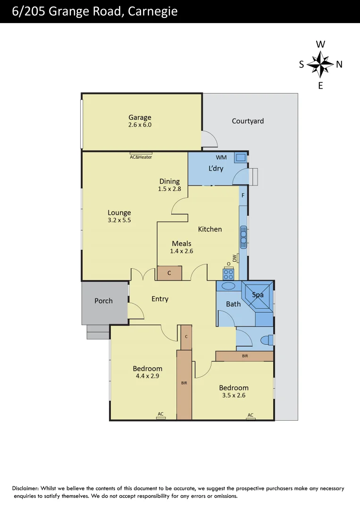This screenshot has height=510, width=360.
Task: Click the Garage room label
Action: click(140, 118)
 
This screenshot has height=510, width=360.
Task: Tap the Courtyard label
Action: click(248, 121)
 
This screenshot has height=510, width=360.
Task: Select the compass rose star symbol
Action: click(320, 64)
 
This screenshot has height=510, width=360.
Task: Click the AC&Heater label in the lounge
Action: click(141, 157)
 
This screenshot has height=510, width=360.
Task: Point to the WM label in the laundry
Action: click(221, 157)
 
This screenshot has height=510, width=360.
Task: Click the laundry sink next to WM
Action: click(240, 158)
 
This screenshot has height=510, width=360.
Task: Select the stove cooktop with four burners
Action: click(228, 274)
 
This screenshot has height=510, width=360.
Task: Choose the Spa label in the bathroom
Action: click(258, 295)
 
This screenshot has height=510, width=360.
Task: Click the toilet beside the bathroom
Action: click(267, 340)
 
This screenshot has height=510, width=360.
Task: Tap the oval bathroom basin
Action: click(228, 286)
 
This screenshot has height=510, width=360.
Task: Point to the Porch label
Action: click(103, 300)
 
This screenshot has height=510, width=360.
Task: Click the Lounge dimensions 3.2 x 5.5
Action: click(119, 220)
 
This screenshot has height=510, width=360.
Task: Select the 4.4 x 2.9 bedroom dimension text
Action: click(147, 376)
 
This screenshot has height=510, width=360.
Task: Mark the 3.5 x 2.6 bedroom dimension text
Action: click(234, 395)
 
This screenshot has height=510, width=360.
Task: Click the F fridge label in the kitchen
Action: click(243, 195)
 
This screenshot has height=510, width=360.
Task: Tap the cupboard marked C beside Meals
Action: click(169, 273)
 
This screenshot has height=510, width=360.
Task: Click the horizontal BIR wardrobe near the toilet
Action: click(244, 356)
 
